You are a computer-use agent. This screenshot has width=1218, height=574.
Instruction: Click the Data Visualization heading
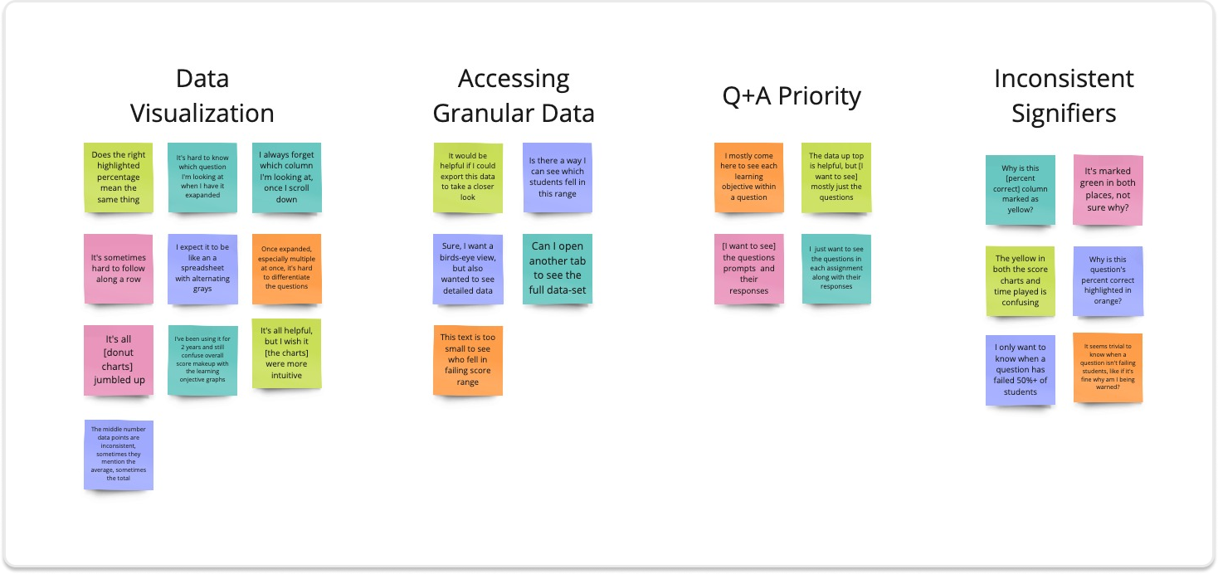[202, 96]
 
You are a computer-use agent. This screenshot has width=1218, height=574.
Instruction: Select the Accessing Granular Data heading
[514, 96]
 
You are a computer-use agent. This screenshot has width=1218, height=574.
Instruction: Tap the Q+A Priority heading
[791, 96]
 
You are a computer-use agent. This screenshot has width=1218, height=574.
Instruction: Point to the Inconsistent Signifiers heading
[1064, 96]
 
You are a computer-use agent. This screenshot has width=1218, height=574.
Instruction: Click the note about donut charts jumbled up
[119, 360]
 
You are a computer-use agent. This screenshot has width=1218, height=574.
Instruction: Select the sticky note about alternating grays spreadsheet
[203, 268]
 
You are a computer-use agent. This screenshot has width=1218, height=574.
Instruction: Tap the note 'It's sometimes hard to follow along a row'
[119, 268]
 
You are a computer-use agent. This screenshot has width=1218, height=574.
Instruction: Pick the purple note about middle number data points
[119, 455]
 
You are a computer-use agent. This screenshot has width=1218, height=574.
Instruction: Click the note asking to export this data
[468, 177]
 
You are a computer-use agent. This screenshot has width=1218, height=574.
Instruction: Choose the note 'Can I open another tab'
[558, 269]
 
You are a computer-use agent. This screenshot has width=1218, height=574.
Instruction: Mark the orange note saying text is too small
[468, 360]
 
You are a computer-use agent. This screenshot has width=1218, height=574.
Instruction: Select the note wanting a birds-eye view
[468, 269]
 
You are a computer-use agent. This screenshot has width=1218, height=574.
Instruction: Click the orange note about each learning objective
[749, 177]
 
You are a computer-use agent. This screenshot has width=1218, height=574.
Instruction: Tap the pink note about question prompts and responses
[749, 269]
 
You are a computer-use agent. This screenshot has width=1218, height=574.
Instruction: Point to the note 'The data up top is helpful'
[836, 177]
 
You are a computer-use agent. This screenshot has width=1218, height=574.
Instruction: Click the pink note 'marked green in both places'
[1108, 189]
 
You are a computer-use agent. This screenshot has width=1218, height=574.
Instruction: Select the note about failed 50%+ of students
[1021, 369]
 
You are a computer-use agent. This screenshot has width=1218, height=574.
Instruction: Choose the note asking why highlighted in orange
[1108, 280]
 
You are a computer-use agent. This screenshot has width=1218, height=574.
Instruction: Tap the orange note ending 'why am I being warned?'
[1108, 368]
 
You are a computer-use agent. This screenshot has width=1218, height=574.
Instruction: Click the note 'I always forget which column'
[287, 177]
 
